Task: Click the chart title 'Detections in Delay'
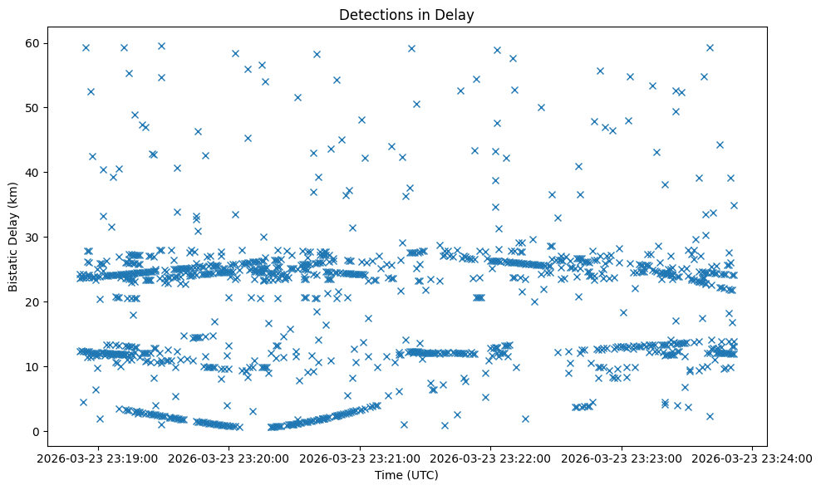pyautogui.click(x=407, y=14)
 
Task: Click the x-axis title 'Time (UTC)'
pyautogui.click(x=407, y=476)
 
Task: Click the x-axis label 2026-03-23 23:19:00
pyautogui.click(x=98, y=457)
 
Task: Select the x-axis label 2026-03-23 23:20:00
pyautogui.click(x=229, y=457)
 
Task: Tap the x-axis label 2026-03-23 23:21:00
pyautogui.click(x=361, y=457)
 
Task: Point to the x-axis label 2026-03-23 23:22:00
pyautogui.click(x=491, y=457)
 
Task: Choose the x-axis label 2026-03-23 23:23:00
pyautogui.click(x=622, y=457)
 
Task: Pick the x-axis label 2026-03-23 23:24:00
pyautogui.click(x=753, y=457)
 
